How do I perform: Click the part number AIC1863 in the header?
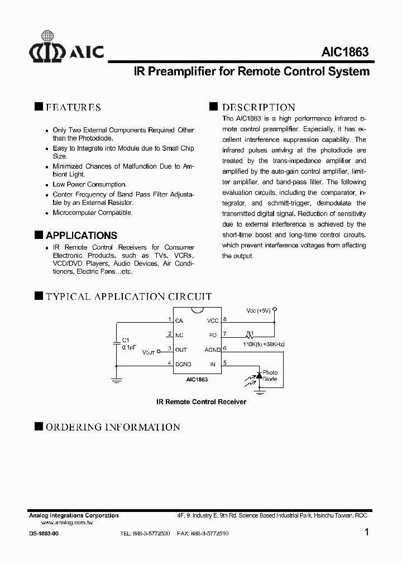pos(344,52)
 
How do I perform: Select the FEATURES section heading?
pos(73,107)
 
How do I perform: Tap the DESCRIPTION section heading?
pos(259,107)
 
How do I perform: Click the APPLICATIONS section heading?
pos(81,236)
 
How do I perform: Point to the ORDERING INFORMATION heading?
pos(112,427)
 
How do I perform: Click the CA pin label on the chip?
pos(179,321)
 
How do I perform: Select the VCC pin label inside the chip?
pos(212,321)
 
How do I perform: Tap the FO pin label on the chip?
pos(213,336)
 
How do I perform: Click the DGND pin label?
pos(183,365)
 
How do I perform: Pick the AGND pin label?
pos(212,350)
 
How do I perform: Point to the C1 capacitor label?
pos(125,339)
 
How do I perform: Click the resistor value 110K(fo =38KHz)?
pos(264,344)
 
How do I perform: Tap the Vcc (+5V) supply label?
pos(259,310)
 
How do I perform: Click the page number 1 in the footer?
pos(366,532)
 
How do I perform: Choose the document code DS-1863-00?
pos(43,534)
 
